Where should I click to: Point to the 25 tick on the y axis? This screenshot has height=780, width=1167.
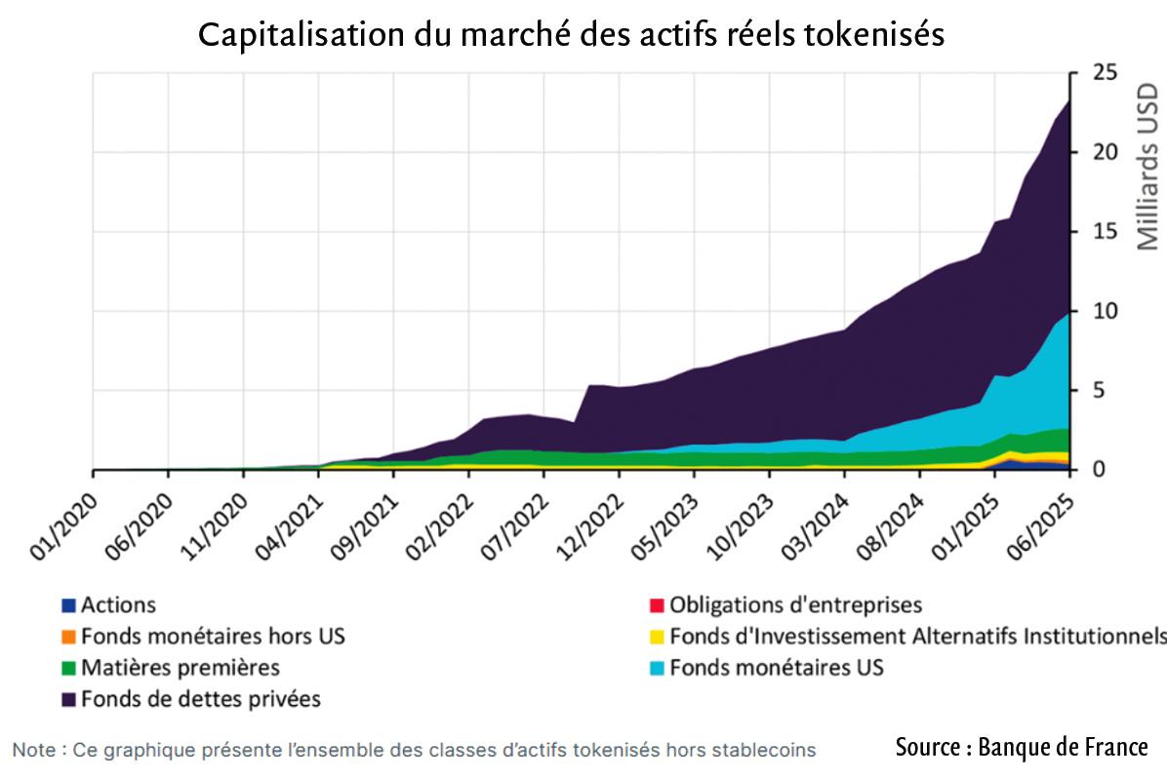(x=1099, y=73)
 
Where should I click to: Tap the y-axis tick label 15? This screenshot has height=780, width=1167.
(x=1099, y=232)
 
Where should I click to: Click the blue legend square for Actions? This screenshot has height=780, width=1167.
(x=68, y=605)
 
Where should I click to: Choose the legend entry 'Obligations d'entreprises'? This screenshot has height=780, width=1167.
(x=795, y=605)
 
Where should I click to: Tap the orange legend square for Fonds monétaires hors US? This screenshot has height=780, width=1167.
(x=68, y=637)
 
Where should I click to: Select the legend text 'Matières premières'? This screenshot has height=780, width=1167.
(x=181, y=668)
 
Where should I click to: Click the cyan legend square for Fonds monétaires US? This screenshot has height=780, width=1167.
(x=657, y=668)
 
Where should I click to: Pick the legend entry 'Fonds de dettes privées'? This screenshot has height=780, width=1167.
(x=201, y=699)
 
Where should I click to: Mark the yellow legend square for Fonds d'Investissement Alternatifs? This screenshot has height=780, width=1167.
(x=657, y=637)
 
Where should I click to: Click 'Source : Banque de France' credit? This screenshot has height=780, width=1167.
(x=1022, y=748)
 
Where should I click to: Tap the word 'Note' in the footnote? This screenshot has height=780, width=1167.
(x=33, y=750)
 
